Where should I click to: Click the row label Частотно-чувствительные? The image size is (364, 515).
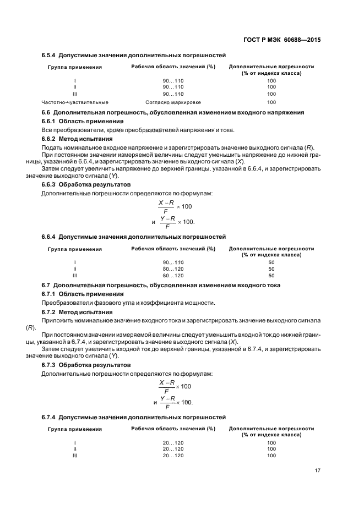75,102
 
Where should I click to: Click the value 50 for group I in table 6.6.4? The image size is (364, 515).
271,262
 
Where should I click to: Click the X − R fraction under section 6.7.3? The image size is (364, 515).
167,387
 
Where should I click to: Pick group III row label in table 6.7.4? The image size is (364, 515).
75,456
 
